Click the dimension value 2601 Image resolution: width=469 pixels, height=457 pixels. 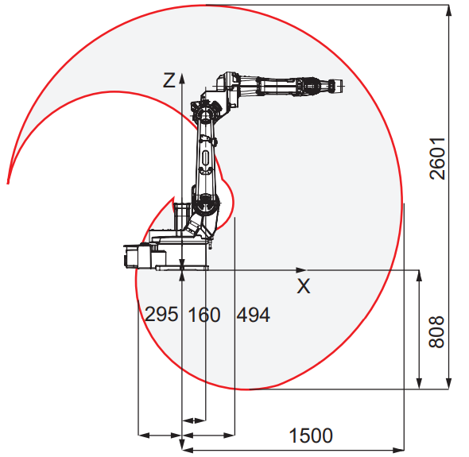(x=437, y=158)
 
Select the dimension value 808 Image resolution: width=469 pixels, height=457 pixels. (x=436, y=332)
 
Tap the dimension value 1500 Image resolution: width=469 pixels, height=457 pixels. (x=311, y=436)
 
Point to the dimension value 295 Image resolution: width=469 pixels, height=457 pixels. (x=161, y=314)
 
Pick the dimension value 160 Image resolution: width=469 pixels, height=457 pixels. (x=204, y=315)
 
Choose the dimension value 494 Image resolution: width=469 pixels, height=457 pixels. (x=254, y=315)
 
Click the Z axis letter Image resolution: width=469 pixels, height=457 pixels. (x=169, y=80)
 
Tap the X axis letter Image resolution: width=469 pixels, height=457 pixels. (x=304, y=286)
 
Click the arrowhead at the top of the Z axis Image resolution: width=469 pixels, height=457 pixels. (x=182, y=78)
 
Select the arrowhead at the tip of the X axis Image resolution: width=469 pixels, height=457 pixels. (x=301, y=270)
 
